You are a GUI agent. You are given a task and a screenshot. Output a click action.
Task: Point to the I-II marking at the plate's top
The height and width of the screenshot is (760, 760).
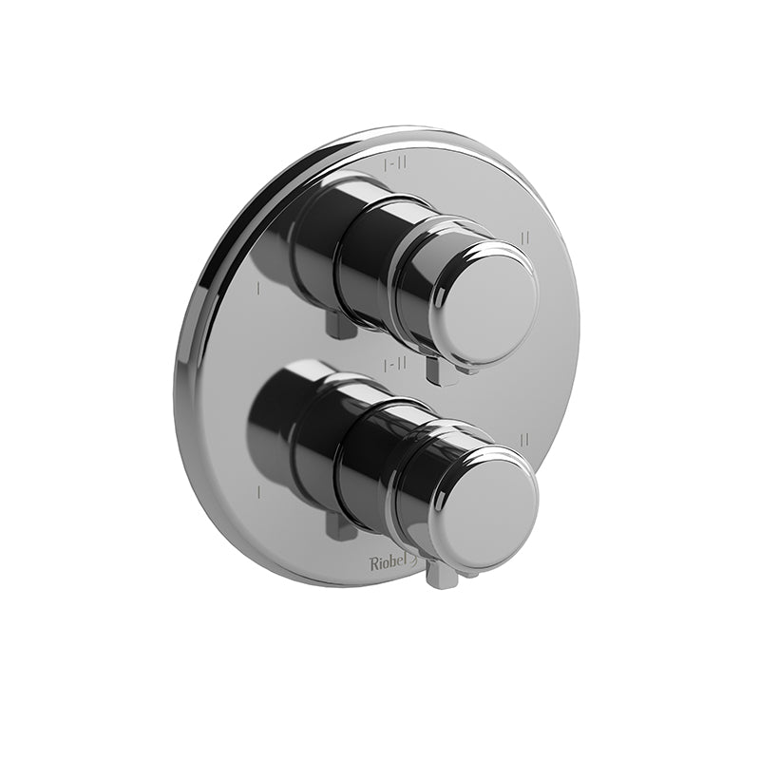point(396,164)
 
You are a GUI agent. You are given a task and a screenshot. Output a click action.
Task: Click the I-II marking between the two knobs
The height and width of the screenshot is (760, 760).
point(395,363)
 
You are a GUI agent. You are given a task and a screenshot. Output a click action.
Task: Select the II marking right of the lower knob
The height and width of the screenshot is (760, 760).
point(524,438)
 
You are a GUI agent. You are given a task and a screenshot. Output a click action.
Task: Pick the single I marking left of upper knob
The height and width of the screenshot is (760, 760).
point(257,285)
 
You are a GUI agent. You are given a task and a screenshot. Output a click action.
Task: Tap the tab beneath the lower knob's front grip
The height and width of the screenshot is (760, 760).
point(440,575)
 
